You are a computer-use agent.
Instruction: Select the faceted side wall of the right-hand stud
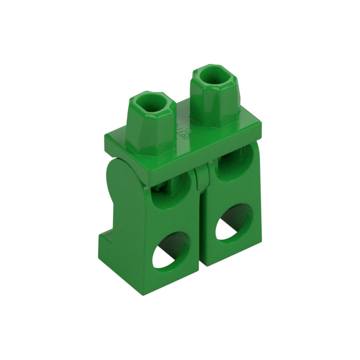tap(211, 103)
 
